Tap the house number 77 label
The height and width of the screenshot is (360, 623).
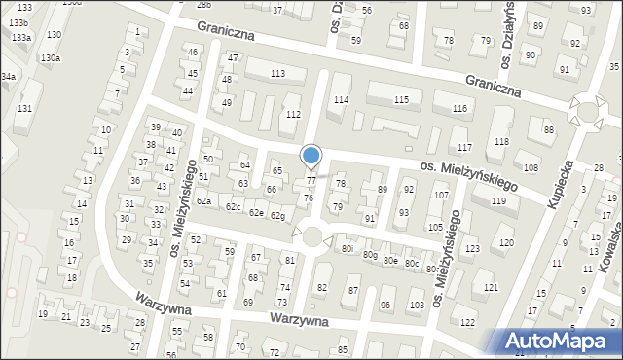click(x=311, y=180)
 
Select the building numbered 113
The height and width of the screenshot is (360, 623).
click(x=277, y=74)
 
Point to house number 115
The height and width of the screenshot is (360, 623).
click(x=401, y=100)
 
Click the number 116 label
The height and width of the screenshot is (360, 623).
click(x=459, y=108)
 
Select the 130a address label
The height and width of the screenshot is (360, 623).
click(x=51, y=58)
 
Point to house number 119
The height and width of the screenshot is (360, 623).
click(x=498, y=201)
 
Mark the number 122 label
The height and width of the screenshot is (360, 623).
click(x=467, y=322)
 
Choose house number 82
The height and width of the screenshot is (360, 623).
click(x=321, y=288)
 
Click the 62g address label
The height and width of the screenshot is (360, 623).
click(x=277, y=215)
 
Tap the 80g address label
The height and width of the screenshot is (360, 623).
click(x=370, y=255)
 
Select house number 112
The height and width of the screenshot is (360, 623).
click(x=293, y=115)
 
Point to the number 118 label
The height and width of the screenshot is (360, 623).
click(x=500, y=142)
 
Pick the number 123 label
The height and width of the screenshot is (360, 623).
click(x=472, y=249)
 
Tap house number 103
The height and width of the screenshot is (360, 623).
click(x=416, y=306)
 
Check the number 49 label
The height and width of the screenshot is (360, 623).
click(x=227, y=102)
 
